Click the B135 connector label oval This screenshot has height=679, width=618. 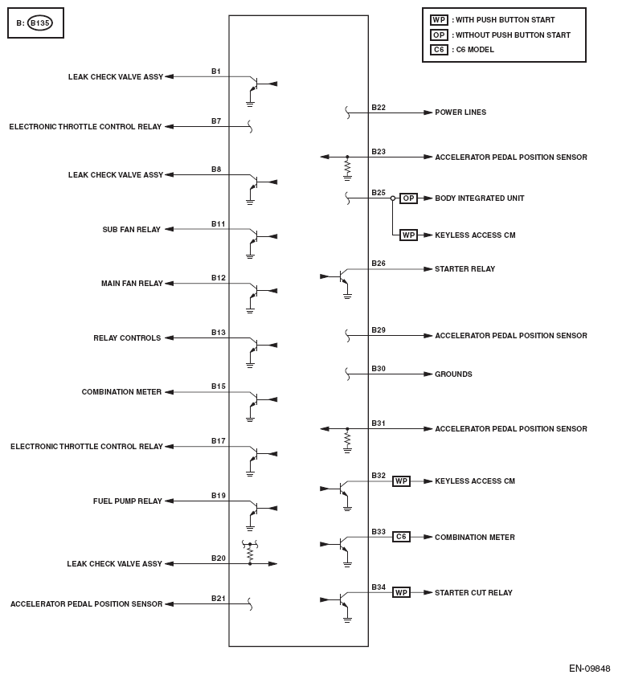coord(40,23)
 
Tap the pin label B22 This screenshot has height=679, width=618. coord(378,108)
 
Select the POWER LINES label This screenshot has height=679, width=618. coord(460,112)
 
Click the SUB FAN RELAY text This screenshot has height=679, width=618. coord(132,230)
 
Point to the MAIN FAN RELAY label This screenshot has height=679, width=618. coord(132,284)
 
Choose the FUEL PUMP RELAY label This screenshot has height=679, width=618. coord(128,501)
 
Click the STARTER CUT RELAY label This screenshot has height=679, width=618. coord(473,593)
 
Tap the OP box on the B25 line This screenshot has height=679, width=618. coord(408,198)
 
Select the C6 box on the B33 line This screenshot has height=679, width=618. coord(401,537)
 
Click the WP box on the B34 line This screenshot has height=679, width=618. coord(401,593)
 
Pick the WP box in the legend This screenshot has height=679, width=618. coord(439,20)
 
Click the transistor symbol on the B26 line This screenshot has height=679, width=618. coord(343,278)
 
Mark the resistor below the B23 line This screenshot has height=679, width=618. coord(347,166)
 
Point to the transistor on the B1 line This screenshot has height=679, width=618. coord(253,84)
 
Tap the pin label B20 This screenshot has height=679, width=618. coord(218,558)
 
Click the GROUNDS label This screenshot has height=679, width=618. coord(453,374)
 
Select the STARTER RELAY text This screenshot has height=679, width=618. coord(465,269)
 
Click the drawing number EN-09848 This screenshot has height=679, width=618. coord(589,669)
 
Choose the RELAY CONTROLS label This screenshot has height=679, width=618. coord(127,338)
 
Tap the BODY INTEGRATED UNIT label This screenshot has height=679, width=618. coord(480,198)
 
